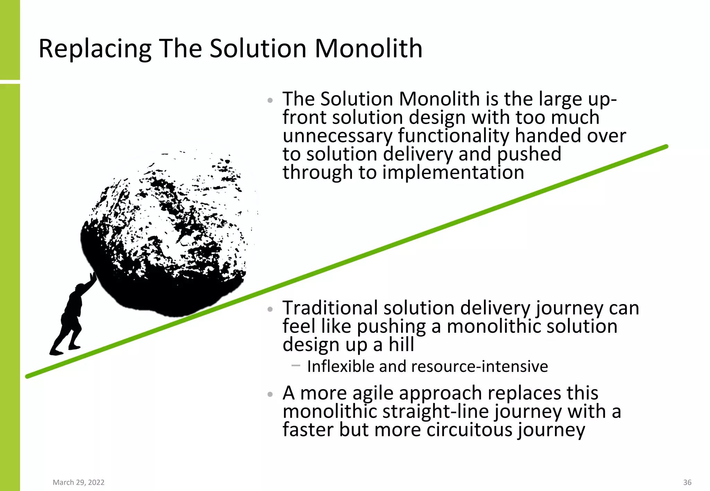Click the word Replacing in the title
click(x=95, y=49)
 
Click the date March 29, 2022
click(x=78, y=482)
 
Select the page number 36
click(x=687, y=482)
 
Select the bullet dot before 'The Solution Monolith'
click(x=270, y=101)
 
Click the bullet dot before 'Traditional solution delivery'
click(x=270, y=309)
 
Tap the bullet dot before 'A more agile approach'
click(x=270, y=394)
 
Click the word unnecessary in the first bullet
click(x=337, y=136)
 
